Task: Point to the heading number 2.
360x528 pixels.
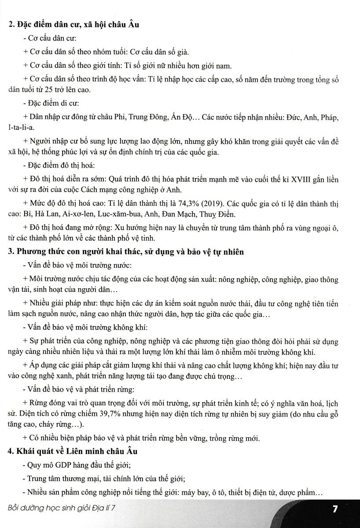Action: coord(11,25)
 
